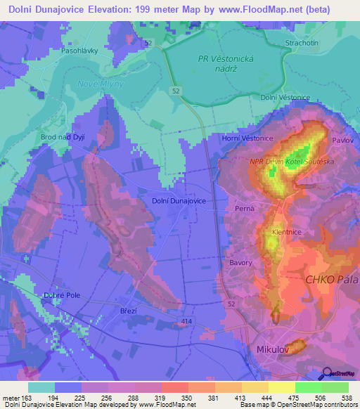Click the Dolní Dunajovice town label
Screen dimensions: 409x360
179,200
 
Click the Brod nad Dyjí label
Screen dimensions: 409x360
63,136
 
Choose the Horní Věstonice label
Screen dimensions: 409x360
248,138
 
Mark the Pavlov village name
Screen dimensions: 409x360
342,140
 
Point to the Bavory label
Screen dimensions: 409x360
240,263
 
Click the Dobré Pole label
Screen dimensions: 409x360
62,295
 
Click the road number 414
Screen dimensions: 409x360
186,321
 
